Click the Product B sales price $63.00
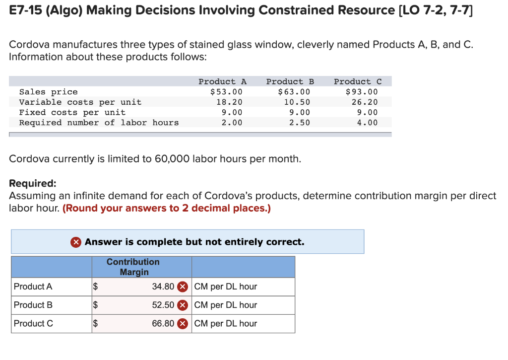[x=294, y=92]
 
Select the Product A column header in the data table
[x=222, y=81]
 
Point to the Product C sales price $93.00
[x=362, y=92]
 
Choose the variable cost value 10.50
[x=297, y=102]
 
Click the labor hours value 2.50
[x=300, y=123]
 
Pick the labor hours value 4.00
[x=367, y=123]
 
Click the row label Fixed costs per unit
[x=72, y=112]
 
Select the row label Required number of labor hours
[x=99, y=123]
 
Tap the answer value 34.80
[x=163, y=287]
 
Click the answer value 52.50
[x=163, y=305]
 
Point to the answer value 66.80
[x=163, y=323]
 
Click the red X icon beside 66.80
[x=183, y=324]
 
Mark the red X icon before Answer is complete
[x=76, y=242]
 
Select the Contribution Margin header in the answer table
[x=133, y=267]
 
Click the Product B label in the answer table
[x=33, y=305]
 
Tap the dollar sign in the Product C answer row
[x=96, y=324]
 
